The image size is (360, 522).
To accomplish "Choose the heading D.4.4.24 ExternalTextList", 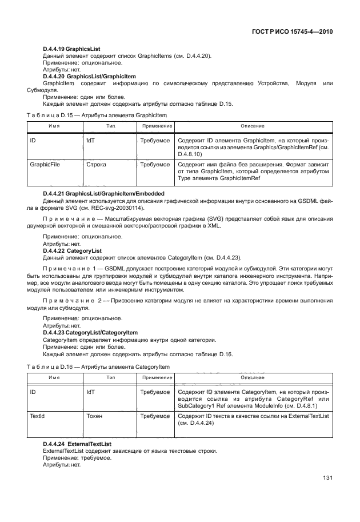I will pos(77,444).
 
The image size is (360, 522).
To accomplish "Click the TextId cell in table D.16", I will pos(38,417).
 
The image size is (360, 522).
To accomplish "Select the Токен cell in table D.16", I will pos(94,417).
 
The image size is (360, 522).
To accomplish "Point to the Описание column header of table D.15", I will pos(252,125).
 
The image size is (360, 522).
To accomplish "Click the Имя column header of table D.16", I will pos(54,378).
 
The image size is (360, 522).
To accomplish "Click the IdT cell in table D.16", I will pos(91,393).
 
